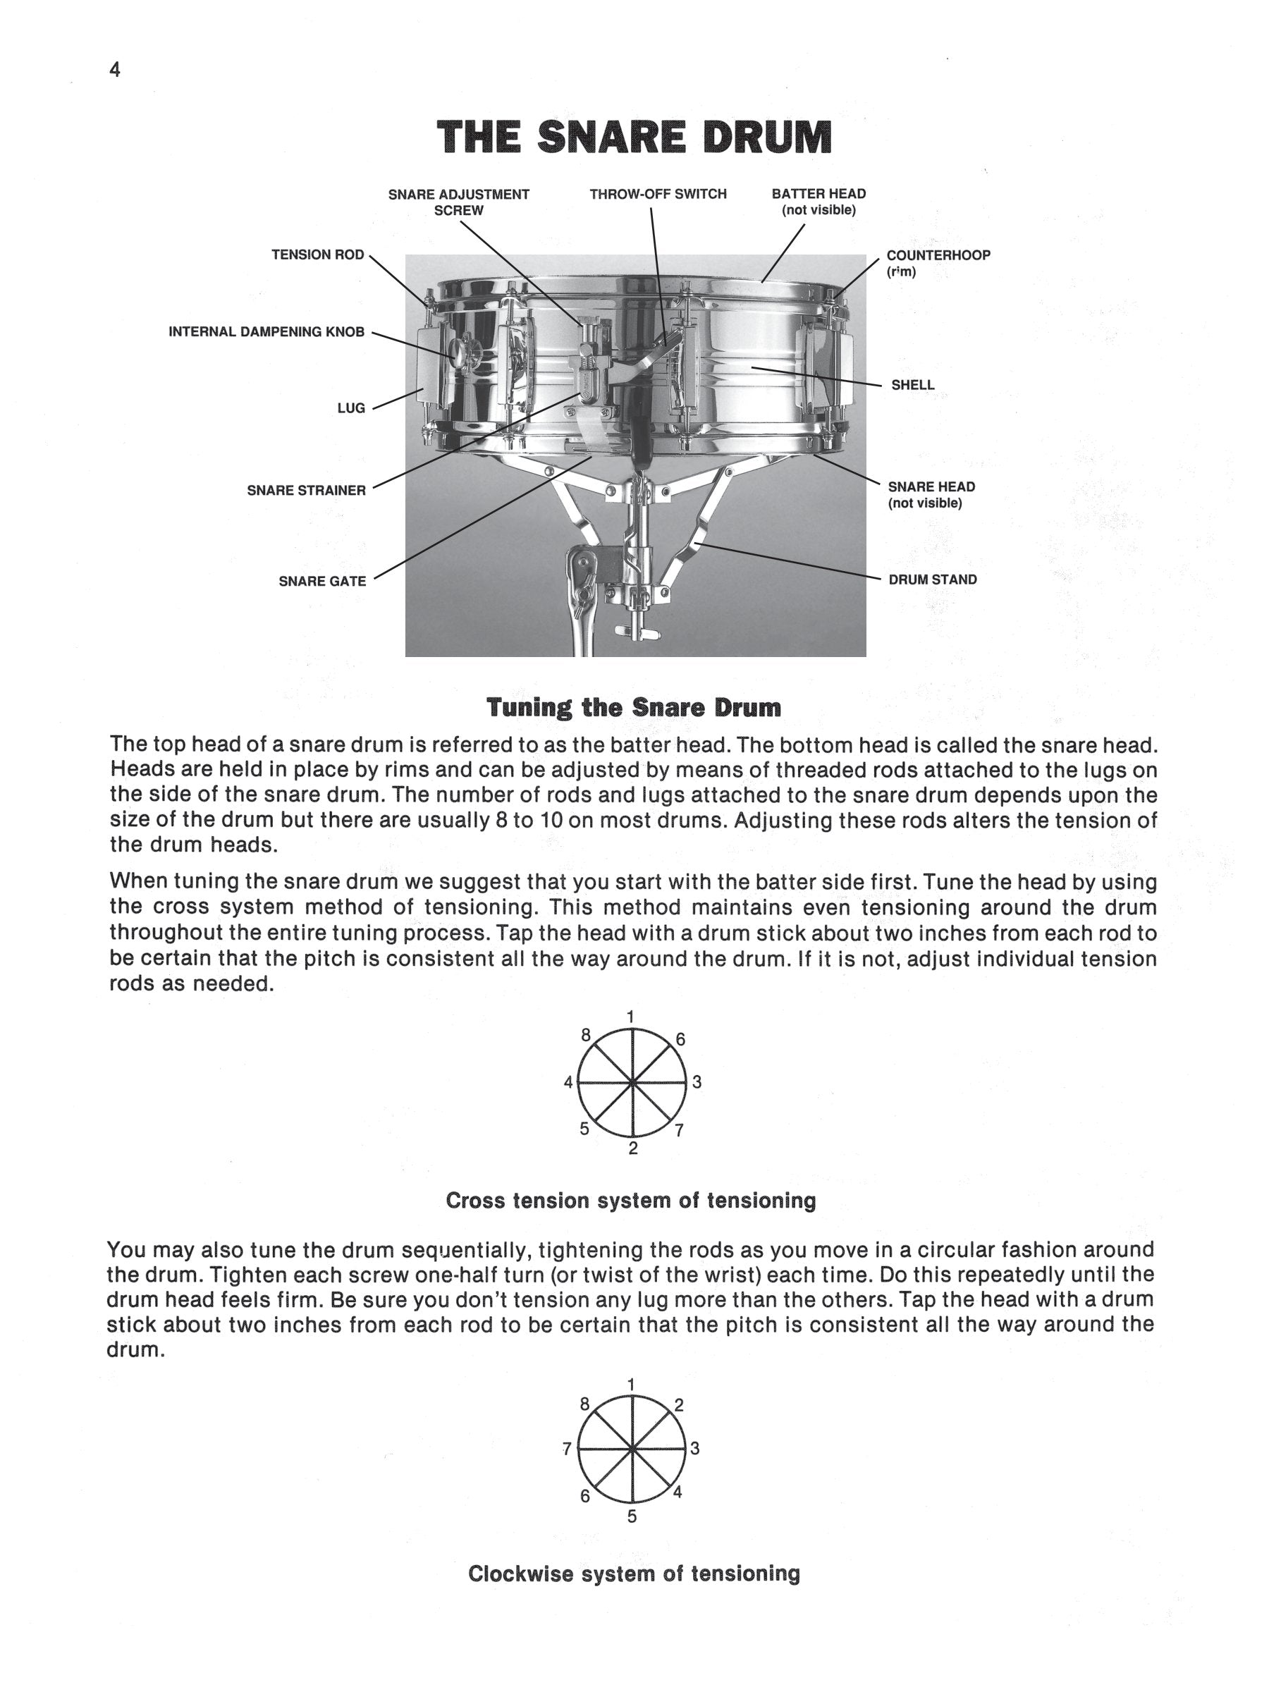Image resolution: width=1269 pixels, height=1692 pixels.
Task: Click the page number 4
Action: tap(115, 70)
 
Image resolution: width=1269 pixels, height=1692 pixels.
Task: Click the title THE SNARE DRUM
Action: tap(634, 138)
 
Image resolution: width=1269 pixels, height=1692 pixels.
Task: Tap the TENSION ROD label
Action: tap(317, 255)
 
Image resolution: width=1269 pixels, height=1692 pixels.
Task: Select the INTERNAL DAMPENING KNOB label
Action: tap(266, 332)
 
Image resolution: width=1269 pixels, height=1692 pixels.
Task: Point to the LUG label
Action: tap(351, 408)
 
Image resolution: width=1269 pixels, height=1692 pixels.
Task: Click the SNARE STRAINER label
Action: tap(306, 490)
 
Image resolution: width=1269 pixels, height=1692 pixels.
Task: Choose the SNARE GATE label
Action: tap(322, 582)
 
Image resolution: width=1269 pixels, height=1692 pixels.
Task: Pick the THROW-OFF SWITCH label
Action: tap(658, 195)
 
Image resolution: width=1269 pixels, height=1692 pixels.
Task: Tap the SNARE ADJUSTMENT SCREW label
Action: tap(458, 202)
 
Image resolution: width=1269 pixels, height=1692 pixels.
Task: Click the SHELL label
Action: tap(912, 386)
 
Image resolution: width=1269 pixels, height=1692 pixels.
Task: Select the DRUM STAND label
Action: tap(933, 580)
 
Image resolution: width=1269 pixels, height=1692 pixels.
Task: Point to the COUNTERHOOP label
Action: tap(938, 255)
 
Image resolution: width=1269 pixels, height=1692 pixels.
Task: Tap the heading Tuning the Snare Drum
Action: tap(634, 708)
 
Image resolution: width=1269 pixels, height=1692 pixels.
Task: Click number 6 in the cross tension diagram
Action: tap(680, 1040)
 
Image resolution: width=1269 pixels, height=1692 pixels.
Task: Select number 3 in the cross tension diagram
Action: tap(697, 1082)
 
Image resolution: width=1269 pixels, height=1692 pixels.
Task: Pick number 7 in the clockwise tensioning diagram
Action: tap(567, 1449)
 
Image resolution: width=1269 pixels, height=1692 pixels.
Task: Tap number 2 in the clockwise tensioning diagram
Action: tap(678, 1405)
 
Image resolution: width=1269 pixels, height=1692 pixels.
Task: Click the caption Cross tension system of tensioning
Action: tap(631, 1201)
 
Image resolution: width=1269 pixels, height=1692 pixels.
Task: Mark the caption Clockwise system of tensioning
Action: tap(633, 1574)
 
